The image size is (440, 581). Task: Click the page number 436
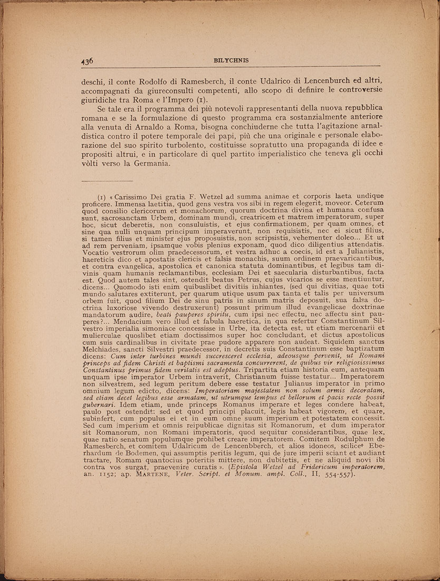pyautogui.click(x=88, y=61)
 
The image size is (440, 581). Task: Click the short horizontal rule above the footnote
pyautogui.click(x=107, y=181)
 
